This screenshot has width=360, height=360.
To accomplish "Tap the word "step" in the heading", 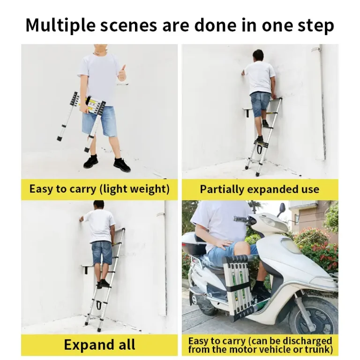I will [315, 25].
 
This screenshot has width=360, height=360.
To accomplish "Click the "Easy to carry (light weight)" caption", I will [99, 189].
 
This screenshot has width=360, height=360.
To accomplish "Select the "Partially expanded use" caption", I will [259, 189].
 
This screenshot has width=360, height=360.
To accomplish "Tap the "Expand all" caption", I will [99, 345].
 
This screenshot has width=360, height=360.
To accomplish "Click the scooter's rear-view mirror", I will [282, 208].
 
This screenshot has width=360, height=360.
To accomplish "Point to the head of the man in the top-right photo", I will [258, 55].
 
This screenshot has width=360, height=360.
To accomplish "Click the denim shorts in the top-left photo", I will [99, 120].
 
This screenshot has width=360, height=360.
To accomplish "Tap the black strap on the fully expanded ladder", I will [98, 305].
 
